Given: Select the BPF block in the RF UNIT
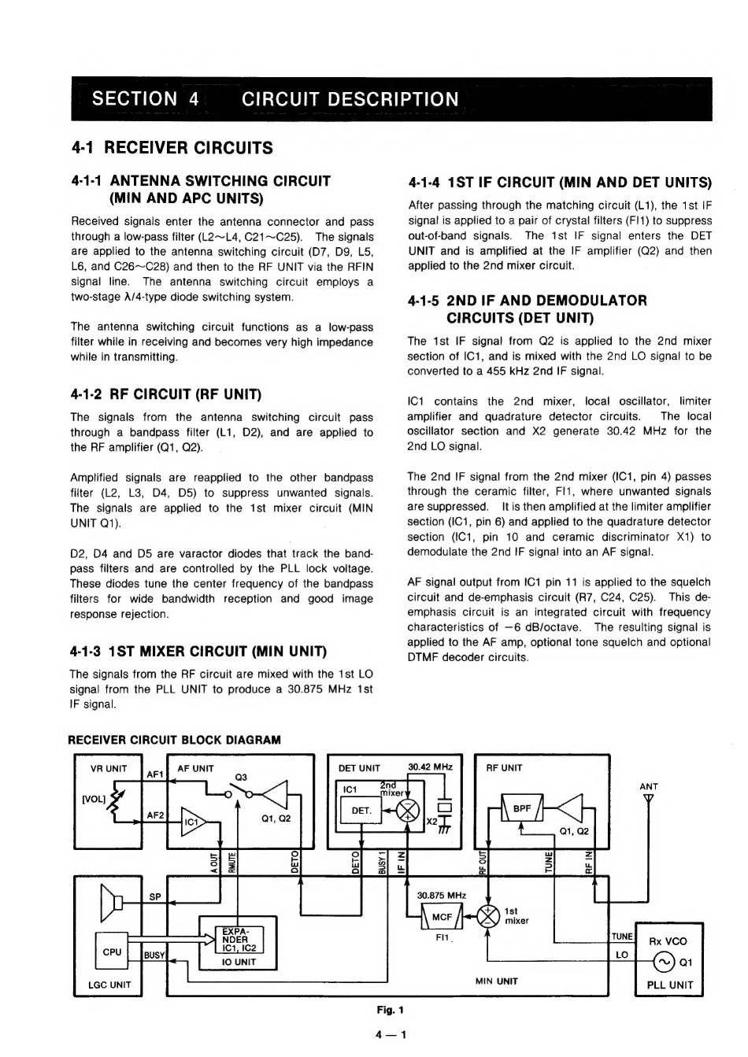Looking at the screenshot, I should (x=521, y=808).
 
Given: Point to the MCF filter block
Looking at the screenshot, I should (x=443, y=916).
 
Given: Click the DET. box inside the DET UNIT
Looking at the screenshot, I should (x=361, y=810).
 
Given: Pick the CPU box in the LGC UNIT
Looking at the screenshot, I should (x=112, y=952).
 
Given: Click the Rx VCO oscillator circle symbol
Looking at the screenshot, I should (x=665, y=962).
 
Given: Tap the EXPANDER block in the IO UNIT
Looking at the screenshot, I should (x=235, y=940).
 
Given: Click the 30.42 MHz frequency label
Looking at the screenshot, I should (x=430, y=767).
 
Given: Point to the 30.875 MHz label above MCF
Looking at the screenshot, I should (x=441, y=895).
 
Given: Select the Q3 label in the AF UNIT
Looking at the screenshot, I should (x=241, y=778).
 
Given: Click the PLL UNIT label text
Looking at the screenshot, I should (x=669, y=985).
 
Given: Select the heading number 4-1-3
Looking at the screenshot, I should (x=86, y=652).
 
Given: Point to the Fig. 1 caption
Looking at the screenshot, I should (x=390, y=1010).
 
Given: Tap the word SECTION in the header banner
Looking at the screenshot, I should (x=134, y=99).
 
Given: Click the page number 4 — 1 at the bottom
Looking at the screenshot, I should (x=391, y=1034).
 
